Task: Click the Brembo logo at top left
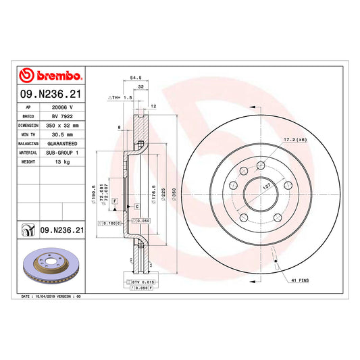(50, 75)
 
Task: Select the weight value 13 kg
(62, 162)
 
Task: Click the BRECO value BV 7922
(62, 116)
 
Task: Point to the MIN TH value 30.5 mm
(62, 134)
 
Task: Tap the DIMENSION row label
(28, 126)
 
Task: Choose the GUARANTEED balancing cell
(62, 144)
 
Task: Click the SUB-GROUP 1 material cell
(62, 153)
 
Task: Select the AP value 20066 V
(62, 107)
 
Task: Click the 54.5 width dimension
(136, 78)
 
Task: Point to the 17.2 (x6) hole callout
(295, 140)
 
